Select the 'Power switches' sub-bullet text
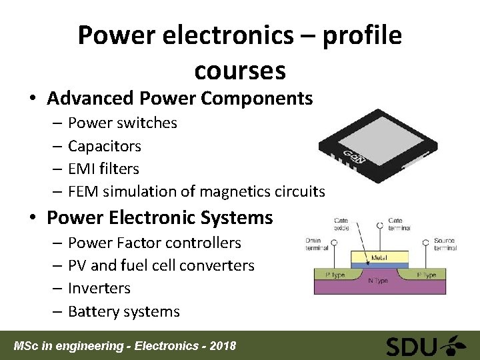tap(123, 123)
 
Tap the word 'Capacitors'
tap(105, 146)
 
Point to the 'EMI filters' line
tap(103, 169)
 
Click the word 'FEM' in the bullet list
tap(83, 192)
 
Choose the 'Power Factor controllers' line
tap(154, 243)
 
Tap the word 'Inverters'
tap(99, 289)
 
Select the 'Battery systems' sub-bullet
tap(123, 312)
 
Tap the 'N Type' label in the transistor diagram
tap(378, 281)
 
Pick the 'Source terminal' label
tap(444, 244)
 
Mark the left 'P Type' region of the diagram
tap(337, 275)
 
